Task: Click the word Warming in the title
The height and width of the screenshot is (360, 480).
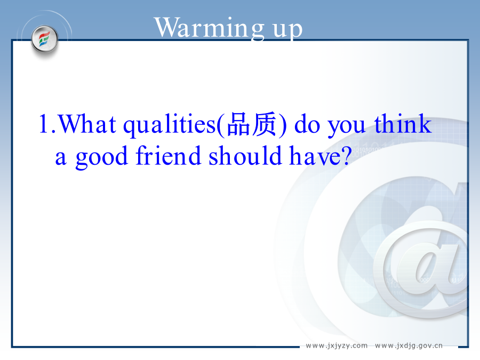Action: (209, 28)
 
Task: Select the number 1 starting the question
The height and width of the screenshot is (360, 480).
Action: (44, 124)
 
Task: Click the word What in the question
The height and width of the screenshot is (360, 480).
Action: (87, 124)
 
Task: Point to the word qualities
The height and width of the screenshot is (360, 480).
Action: (170, 125)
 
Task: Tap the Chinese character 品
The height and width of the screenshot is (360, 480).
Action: (238, 124)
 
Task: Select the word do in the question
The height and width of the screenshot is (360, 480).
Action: (307, 124)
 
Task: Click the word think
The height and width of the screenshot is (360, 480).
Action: (403, 123)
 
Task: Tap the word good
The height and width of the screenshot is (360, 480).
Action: (102, 157)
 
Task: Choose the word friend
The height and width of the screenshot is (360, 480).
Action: (169, 155)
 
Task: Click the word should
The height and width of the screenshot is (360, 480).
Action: (245, 155)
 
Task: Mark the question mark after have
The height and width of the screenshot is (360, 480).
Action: (346, 155)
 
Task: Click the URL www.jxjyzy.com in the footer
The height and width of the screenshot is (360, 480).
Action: (337, 346)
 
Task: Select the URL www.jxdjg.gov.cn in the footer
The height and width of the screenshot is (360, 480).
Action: (409, 346)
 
